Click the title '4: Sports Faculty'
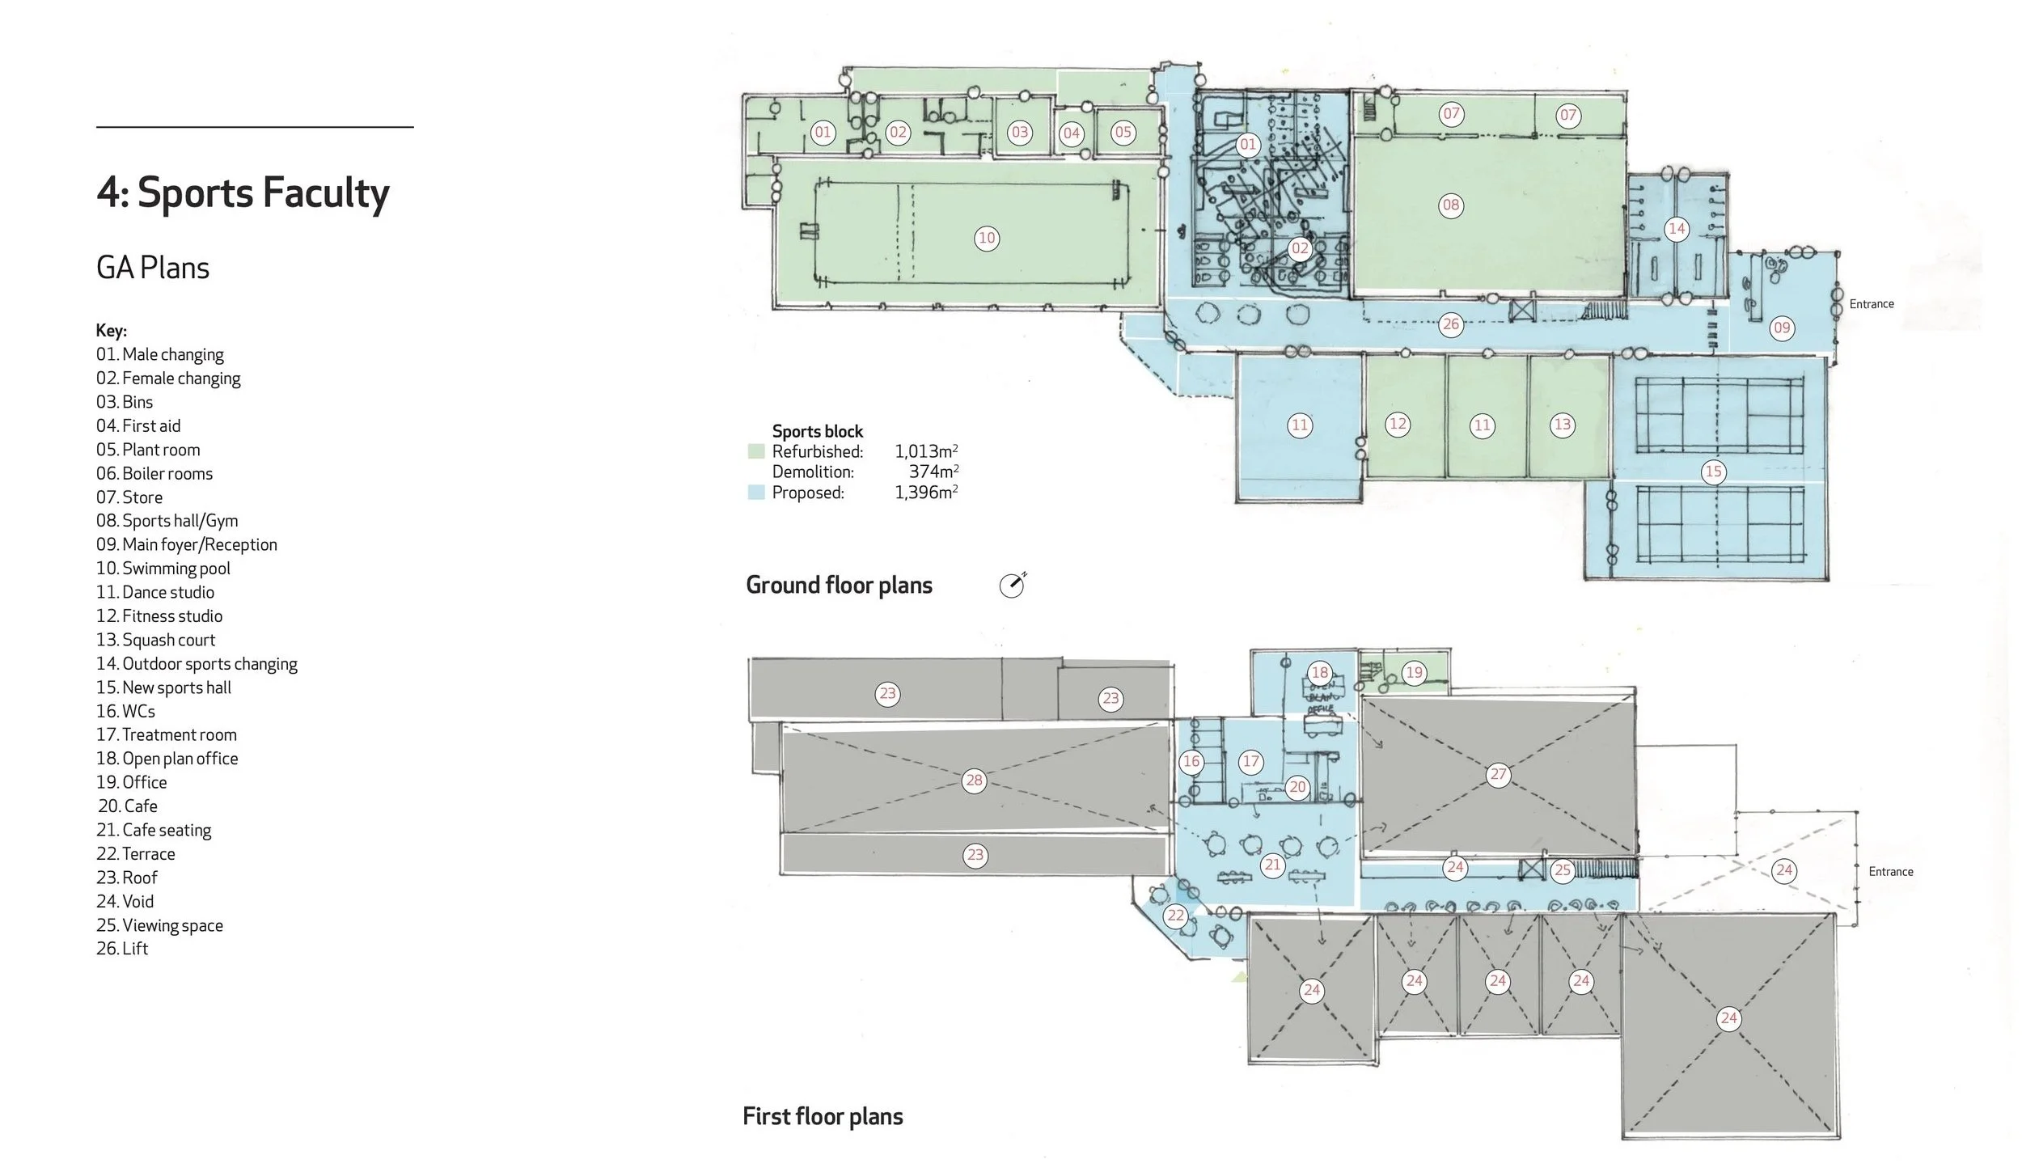(243, 193)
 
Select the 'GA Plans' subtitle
(153, 268)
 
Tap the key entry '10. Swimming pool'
(163, 569)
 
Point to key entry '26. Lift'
(122, 949)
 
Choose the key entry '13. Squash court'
(156, 640)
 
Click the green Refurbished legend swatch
(756, 451)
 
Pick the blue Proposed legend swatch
(756, 493)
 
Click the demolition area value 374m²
(933, 472)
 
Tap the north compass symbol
(1012, 585)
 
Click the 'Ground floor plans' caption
(839, 585)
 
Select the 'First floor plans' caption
(823, 1116)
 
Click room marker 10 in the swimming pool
(987, 238)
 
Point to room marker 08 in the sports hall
(1451, 205)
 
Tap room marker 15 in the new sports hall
(1713, 472)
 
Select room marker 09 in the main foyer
(1782, 328)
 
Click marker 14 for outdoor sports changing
(1677, 229)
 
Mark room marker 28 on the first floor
(974, 780)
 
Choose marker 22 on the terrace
(1175, 916)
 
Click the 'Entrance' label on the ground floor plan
(1872, 304)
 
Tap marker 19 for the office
(1414, 672)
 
